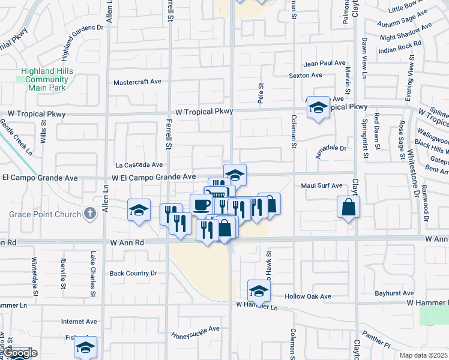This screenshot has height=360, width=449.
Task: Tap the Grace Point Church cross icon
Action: pos(90,213)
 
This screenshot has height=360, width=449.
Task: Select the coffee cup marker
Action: pos(201,205)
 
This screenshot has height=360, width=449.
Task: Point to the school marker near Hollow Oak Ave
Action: pos(259,290)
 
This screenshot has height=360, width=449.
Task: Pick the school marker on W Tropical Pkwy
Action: pos(318,107)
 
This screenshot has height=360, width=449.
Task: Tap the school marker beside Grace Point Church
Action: pos(139,210)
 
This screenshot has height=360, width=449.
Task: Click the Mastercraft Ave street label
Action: pos(137,82)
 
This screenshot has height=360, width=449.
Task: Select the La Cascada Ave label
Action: pos(139,164)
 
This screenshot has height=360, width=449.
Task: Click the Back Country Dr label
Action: pos(133,273)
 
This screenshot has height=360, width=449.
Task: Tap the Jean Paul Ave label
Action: pos(325,63)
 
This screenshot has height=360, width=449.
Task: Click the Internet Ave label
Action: pos(79,322)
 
